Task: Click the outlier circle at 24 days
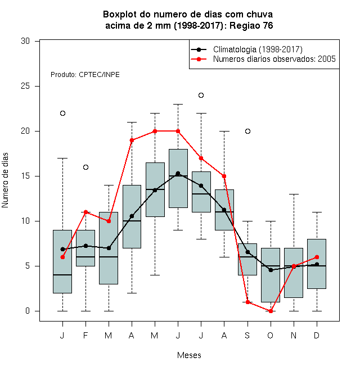pyautogui.click(x=201, y=96)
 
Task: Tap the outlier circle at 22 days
pyautogui.click(x=62, y=114)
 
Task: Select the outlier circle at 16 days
pyautogui.click(x=85, y=168)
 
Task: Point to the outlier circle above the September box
pyautogui.click(x=247, y=132)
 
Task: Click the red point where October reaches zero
pyautogui.click(x=271, y=311)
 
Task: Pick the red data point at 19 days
pyautogui.click(x=132, y=141)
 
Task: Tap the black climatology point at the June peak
pyautogui.click(x=178, y=174)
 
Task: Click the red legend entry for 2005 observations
pyautogui.click(x=263, y=59)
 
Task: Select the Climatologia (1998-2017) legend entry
pyautogui.click(x=247, y=49)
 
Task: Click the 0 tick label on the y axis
pyautogui.click(x=28, y=311)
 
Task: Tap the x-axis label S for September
pyautogui.click(x=247, y=335)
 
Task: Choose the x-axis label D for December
pyautogui.click(x=317, y=335)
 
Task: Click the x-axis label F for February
pyautogui.click(x=85, y=335)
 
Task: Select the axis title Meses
pyautogui.click(x=189, y=355)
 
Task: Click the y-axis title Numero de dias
pyautogui.click(x=5, y=180)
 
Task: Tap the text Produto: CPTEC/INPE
pyautogui.click(x=85, y=75)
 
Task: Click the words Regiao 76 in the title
pyautogui.click(x=251, y=25)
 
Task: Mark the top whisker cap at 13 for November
pyautogui.click(x=294, y=194)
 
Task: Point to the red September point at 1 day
pyautogui.click(x=247, y=302)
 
